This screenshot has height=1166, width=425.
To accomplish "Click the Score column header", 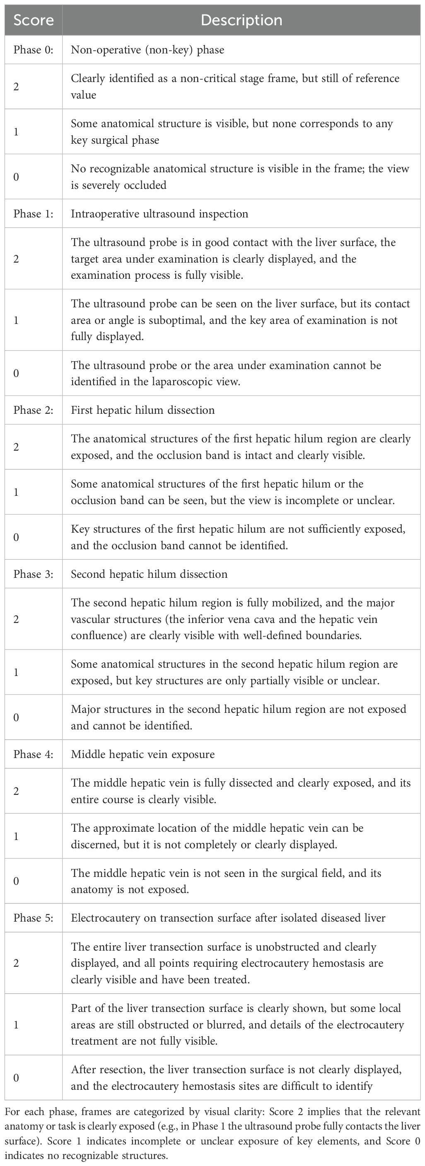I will tap(34, 20).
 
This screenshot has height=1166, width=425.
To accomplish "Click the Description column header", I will tap(241, 20).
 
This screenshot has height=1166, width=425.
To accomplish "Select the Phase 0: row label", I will tap(34, 49).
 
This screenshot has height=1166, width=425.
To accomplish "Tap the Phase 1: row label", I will tap(34, 214).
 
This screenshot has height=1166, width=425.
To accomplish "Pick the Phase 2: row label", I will tap(34, 410).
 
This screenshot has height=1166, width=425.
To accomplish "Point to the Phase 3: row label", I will tap(34, 574).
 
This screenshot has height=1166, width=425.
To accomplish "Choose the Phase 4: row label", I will tap(34, 754).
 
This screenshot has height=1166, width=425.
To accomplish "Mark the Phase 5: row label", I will tap(34, 918).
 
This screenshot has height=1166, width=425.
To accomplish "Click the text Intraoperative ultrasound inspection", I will tap(159, 214).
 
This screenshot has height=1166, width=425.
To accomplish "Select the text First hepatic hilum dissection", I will tap(142, 410).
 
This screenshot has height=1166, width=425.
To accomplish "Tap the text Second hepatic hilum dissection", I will tap(149, 574).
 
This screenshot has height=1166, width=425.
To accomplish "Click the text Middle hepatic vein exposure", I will tap(142, 754).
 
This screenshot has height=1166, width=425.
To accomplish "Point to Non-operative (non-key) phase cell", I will tap(147, 49).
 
